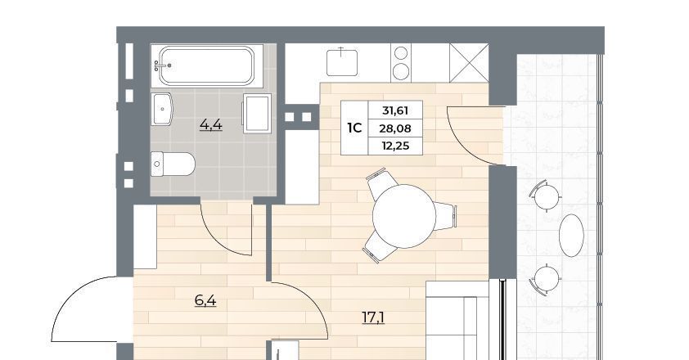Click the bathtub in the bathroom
[x=206, y=65]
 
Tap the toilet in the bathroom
[x=173, y=164]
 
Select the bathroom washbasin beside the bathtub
[x=162, y=109]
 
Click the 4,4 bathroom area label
[x=211, y=125]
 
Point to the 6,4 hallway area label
[x=205, y=300]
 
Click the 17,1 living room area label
[x=373, y=317]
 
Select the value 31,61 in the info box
[x=395, y=110]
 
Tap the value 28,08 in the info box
[x=395, y=128]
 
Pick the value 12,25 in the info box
[x=395, y=146]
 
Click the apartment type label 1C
[x=354, y=128]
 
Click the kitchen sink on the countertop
[x=342, y=62]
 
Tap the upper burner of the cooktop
[x=401, y=53]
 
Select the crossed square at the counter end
[x=470, y=63]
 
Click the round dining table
[x=403, y=216]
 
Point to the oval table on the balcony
[x=571, y=236]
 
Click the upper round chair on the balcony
[x=547, y=196]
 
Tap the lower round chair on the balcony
[x=547, y=279]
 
